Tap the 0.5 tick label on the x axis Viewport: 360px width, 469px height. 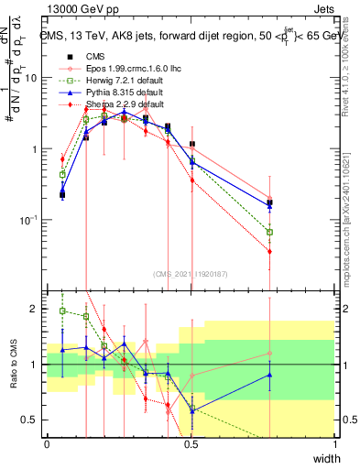191,444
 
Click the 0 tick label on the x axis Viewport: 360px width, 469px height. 48,444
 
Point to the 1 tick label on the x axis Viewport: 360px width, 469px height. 335,444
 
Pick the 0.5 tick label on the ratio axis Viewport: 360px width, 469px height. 33,420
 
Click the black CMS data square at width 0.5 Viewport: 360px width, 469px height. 191,144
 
